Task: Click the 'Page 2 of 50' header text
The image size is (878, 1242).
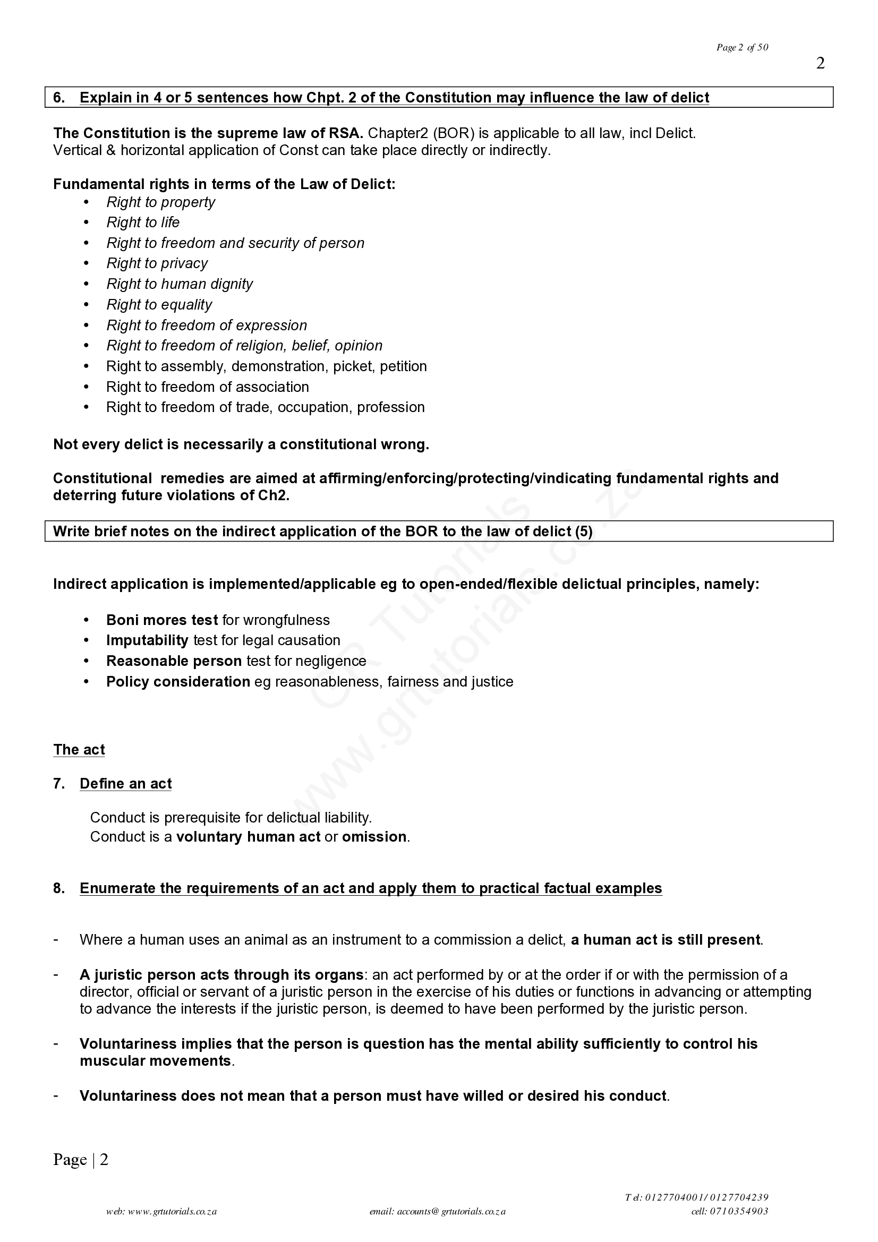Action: click(x=741, y=48)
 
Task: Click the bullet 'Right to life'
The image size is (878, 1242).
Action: click(x=143, y=222)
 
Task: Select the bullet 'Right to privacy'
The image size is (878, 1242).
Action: click(x=157, y=263)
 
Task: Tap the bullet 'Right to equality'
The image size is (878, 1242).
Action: click(x=159, y=305)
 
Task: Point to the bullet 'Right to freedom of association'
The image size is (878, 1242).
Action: click(x=207, y=387)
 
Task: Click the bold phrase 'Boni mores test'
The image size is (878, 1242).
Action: click(x=162, y=620)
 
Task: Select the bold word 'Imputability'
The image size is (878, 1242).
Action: click(x=147, y=640)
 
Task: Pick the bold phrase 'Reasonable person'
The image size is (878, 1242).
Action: click(x=174, y=661)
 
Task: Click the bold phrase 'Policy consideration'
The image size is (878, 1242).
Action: click(x=178, y=682)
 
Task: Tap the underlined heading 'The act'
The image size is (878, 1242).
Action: click(x=79, y=750)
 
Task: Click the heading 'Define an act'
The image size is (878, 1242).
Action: click(x=125, y=784)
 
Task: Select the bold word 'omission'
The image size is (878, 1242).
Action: click(x=374, y=837)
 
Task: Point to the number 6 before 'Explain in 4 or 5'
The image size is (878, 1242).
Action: click(x=58, y=98)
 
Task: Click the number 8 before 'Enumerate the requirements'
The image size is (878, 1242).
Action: click(x=58, y=888)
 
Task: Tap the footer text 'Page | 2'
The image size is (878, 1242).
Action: click(x=81, y=1159)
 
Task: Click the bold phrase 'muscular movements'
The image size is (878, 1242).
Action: click(x=155, y=1061)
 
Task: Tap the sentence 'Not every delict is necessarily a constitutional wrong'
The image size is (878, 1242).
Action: click(x=241, y=444)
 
